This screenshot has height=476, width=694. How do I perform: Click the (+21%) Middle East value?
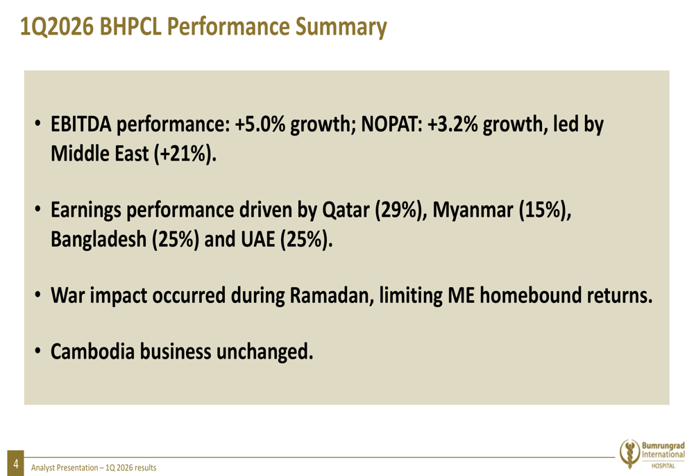pyautogui.click(x=185, y=154)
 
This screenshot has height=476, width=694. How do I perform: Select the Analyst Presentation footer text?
pyautogui.click(x=94, y=468)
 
